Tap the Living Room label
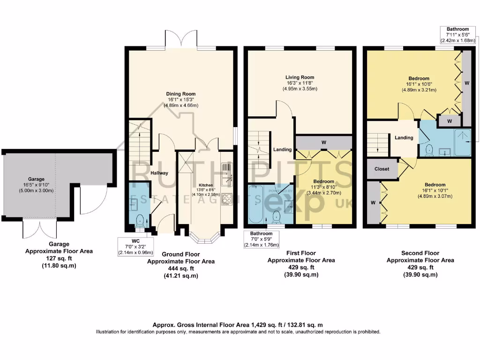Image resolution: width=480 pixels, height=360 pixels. [x=300, y=77]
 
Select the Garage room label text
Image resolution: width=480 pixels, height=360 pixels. [x=36, y=179]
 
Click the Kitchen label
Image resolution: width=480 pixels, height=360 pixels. [x=206, y=185]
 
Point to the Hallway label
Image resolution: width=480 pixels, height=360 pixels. [x=159, y=173]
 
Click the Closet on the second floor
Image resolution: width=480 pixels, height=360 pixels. [x=382, y=169]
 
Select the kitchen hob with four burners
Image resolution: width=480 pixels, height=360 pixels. [x=226, y=199]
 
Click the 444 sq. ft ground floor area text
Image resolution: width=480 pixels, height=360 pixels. [x=181, y=269]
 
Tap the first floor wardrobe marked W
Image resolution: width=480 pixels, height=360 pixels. [x=324, y=142]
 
